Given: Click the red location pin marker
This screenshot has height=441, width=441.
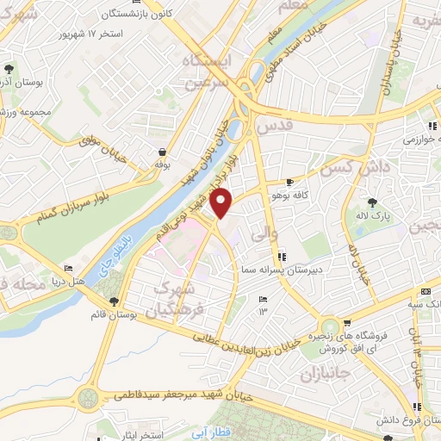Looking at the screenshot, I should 222,204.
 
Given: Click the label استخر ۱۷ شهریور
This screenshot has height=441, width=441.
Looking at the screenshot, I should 110,34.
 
